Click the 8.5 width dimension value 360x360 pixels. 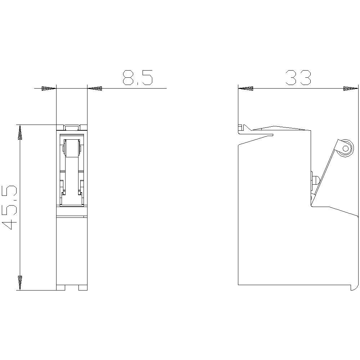[x=138, y=78]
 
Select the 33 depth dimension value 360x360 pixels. [x=298, y=78]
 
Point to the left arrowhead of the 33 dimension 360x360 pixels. [x=246, y=88]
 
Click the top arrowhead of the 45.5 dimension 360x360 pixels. [x=20, y=132]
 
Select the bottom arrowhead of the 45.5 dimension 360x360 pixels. [x=20, y=283]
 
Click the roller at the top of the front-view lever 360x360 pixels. [x=72, y=148]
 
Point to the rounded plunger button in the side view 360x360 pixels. [x=315, y=180]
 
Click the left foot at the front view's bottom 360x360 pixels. [x=61, y=288]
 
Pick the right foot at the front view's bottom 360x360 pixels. [x=83, y=288]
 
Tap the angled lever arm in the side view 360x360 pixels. [x=326, y=173]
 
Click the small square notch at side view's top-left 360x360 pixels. [x=240, y=127]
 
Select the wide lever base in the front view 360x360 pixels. [x=72, y=199]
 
